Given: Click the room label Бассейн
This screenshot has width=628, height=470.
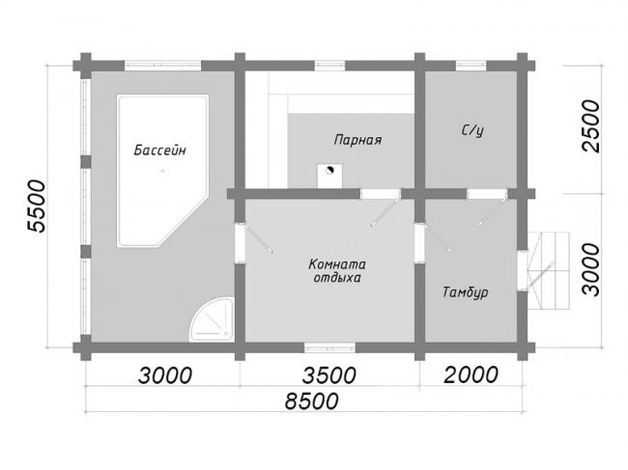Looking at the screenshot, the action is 159,151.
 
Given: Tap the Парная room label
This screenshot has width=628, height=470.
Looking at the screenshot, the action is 357,140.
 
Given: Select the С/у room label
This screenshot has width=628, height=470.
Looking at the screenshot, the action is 472,130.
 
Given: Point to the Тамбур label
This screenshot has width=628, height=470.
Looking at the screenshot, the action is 466,292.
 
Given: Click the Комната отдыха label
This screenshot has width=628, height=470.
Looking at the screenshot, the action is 337,271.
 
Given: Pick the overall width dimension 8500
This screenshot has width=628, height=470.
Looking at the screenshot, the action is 312,401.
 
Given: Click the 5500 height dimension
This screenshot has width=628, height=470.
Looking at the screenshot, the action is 36,206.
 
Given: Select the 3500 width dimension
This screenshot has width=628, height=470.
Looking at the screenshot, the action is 328,375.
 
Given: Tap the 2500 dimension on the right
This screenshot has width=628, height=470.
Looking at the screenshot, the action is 591,126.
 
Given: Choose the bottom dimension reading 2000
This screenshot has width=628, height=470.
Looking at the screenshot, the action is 471,375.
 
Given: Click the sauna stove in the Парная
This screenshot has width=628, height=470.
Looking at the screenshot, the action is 330,176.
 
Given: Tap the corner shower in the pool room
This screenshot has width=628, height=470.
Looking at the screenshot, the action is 212,319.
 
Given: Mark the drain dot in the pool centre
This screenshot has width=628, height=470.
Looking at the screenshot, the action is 162,171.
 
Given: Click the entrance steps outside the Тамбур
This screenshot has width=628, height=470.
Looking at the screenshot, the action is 549,271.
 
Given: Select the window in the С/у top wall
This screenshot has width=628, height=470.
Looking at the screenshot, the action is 471,66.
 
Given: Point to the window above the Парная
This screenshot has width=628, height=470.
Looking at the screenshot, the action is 329,66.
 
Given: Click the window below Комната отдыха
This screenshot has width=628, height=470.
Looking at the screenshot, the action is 329,347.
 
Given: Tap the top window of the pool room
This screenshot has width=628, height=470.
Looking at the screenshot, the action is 162,66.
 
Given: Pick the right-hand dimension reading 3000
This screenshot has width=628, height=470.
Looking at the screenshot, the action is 591,270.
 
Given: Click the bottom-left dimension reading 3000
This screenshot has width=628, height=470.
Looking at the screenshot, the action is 165,375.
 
